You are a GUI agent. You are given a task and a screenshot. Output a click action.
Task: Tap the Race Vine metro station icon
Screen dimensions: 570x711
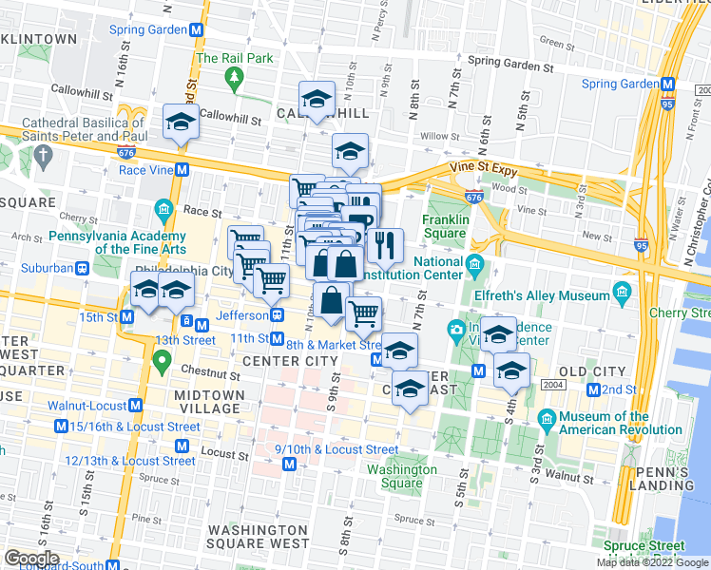(x=183, y=170)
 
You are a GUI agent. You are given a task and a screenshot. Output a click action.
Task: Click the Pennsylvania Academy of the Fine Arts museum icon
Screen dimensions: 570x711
(x=163, y=208)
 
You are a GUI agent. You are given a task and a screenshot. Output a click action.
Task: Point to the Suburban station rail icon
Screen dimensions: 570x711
(x=82, y=268)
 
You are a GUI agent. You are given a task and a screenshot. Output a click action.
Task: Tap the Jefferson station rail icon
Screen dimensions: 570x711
(x=277, y=314)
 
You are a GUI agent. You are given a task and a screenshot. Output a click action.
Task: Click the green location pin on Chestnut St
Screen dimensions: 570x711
(x=162, y=362)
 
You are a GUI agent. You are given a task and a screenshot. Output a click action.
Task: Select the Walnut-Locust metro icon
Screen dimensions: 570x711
(x=135, y=405)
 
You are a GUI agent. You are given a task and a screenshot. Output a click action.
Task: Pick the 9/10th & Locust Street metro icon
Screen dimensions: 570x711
(x=291, y=465)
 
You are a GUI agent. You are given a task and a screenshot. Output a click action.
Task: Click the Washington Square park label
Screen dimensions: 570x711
(x=402, y=476)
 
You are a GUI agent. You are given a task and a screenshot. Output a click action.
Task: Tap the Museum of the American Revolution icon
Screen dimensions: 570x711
(x=547, y=418)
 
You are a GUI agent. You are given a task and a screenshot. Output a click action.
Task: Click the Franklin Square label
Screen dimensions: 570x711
(x=446, y=226)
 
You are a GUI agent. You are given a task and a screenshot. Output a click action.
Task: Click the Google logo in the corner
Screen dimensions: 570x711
(x=32, y=559)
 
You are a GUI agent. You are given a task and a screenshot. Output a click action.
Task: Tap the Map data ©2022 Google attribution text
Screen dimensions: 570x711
(x=652, y=562)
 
